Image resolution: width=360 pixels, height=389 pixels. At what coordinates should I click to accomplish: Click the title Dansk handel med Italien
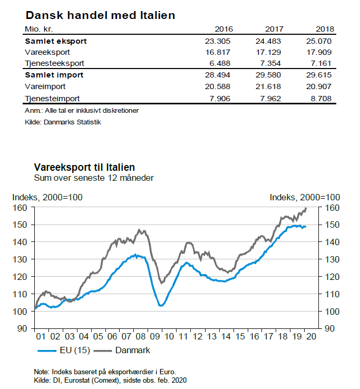click(100, 15)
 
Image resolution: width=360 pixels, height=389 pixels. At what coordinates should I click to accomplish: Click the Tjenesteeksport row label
click(54, 63)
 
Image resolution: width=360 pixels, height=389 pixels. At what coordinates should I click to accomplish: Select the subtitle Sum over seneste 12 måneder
click(94, 178)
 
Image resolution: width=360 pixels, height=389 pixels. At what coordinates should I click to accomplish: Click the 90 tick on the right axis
click(330, 328)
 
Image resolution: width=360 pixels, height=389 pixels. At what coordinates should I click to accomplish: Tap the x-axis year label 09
click(154, 337)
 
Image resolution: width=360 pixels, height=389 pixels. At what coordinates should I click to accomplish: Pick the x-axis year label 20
click(310, 337)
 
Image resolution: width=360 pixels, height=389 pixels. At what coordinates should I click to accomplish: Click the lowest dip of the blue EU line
click(161, 305)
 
